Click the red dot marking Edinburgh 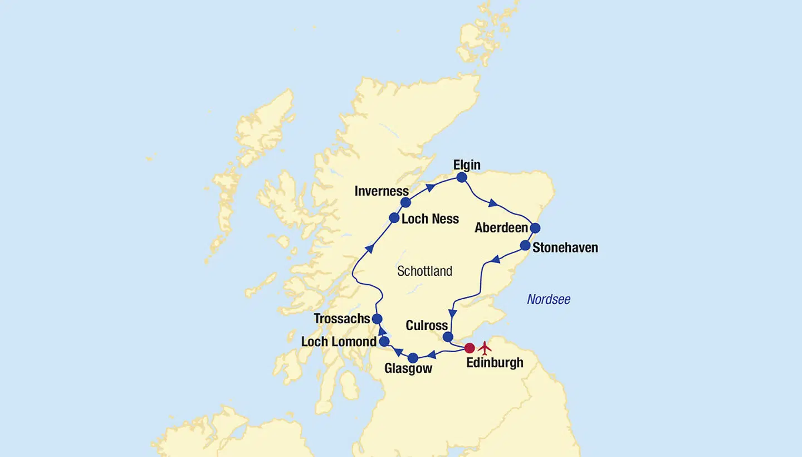pyautogui.click(x=470, y=348)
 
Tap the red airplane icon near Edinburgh pyautogui.click(x=485, y=348)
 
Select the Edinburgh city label pyautogui.click(x=494, y=363)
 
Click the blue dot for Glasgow pyautogui.click(x=413, y=358)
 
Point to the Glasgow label pyautogui.click(x=408, y=369)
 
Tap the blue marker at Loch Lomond pyautogui.click(x=384, y=341)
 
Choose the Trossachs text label pyautogui.click(x=342, y=319)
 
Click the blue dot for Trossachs pyautogui.click(x=377, y=319)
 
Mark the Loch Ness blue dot pyautogui.click(x=394, y=218)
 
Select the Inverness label pyautogui.click(x=382, y=191)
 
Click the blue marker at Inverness pyautogui.click(x=406, y=202)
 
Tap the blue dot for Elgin pyautogui.click(x=462, y=177)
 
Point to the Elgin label pyautogui.click(x=467, y=164)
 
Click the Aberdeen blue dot pyautogui.click(x=535, y=228)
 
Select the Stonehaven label pyautogui.click(x=565, y=247)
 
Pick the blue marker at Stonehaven pyautogui.click(x=525, y=245)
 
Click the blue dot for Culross pyautogui.click(x=448, y=337)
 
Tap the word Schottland pyautogui.click(x=425, y=271)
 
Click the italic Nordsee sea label pyautogui.click(x=549, y=300)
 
